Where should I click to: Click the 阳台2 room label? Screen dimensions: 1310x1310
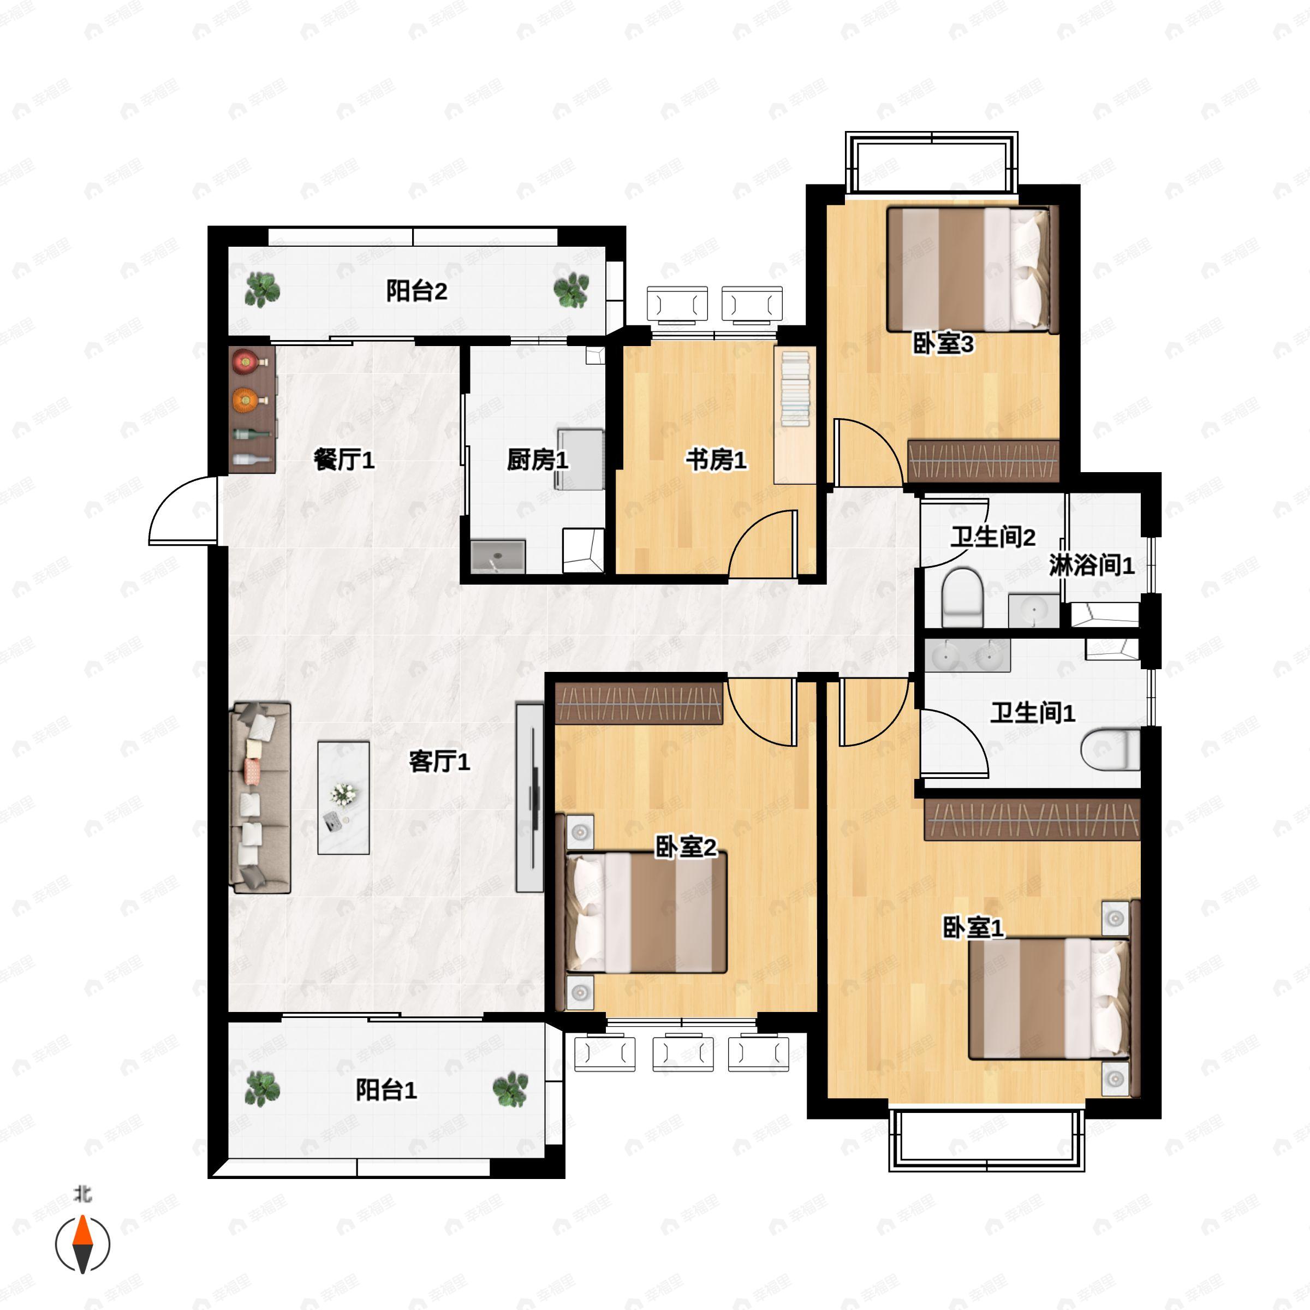416,291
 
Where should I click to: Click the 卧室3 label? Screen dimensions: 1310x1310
943,344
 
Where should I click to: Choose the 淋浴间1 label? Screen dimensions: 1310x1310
1092,565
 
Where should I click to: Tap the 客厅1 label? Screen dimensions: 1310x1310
439,762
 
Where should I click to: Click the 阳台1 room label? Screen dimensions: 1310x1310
386,1091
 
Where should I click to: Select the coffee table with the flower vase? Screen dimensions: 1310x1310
344,797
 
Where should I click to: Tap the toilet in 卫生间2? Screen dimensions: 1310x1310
962,597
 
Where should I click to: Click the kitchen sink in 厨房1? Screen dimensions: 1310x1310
498,557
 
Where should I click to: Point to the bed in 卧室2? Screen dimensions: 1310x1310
646,913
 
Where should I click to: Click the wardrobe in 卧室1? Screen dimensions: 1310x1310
1032,819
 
